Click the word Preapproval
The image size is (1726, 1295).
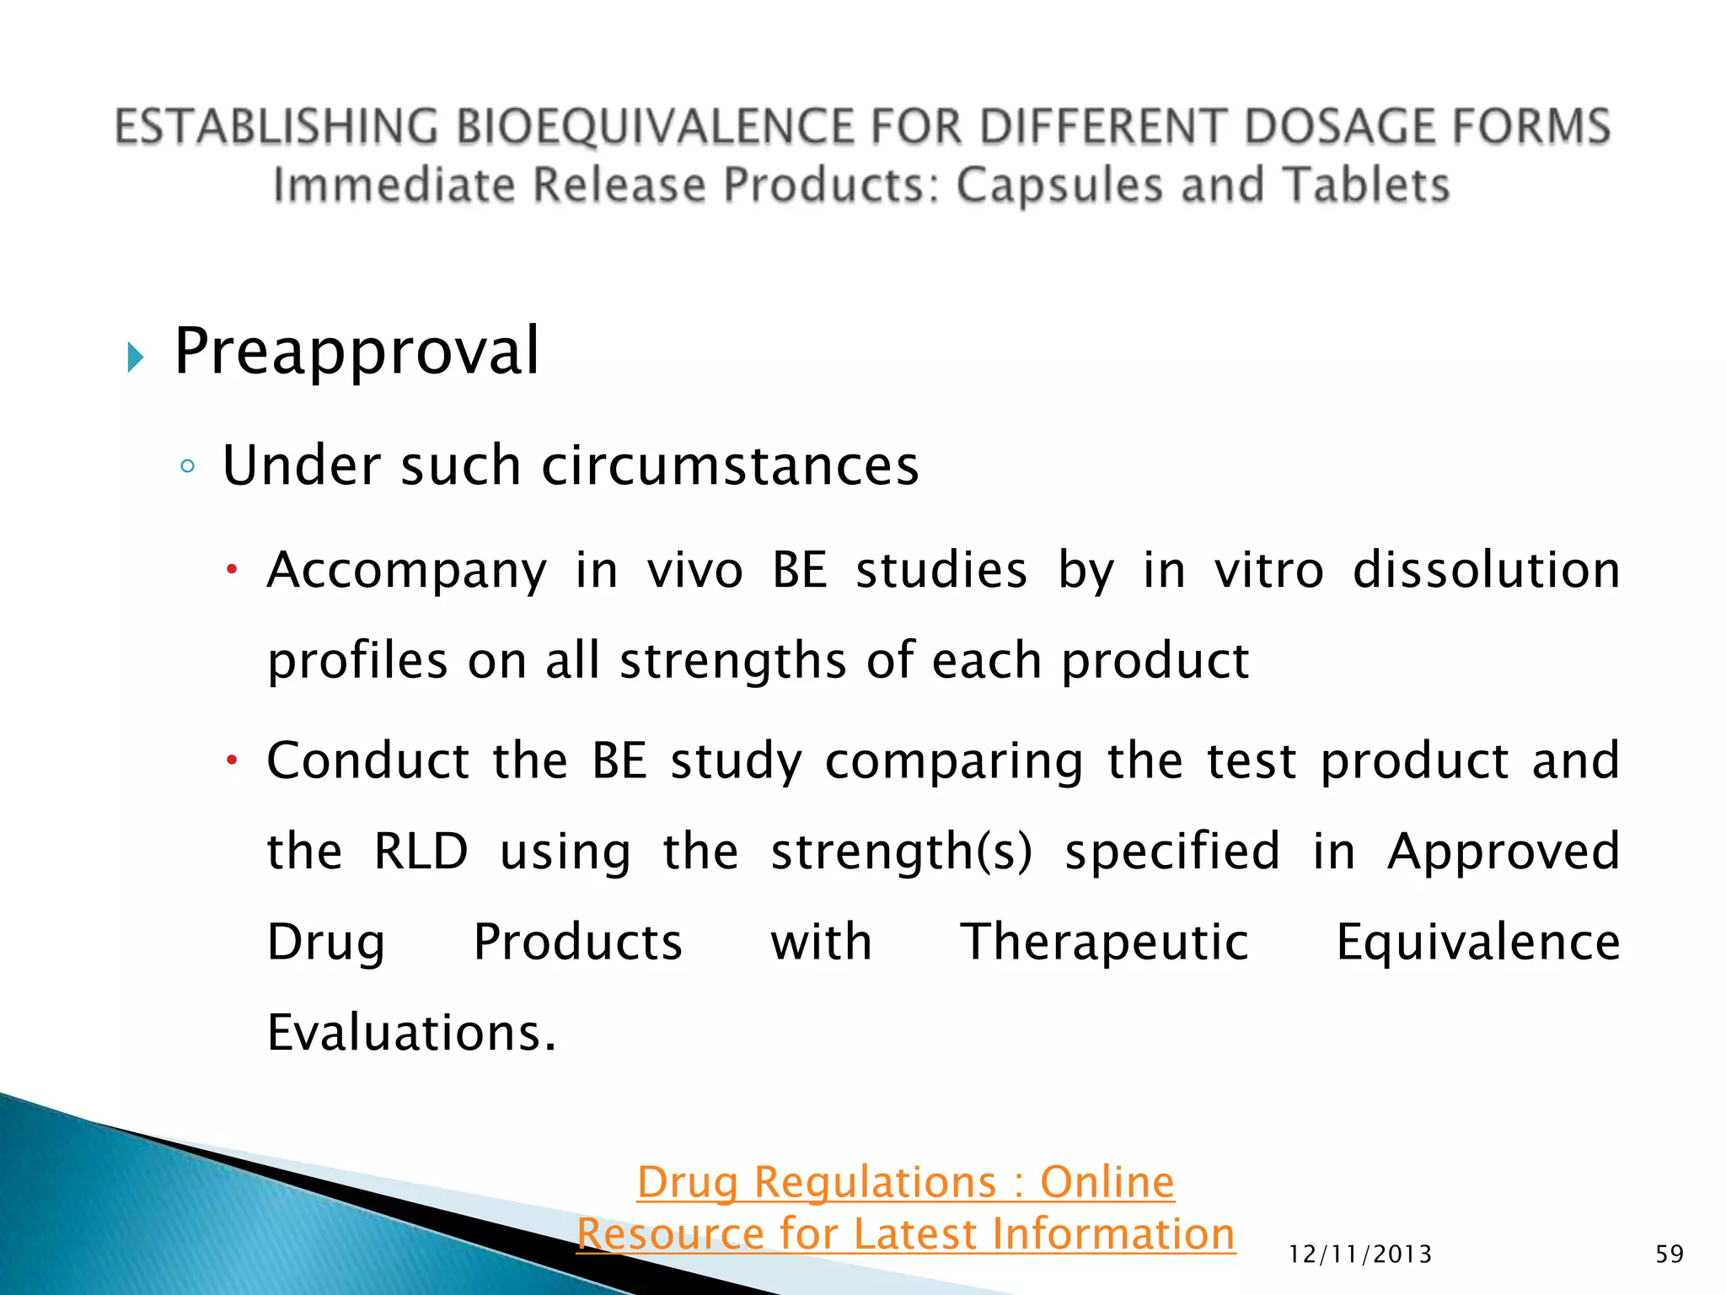[356, 352]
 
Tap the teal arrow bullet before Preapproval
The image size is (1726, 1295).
[135, 357]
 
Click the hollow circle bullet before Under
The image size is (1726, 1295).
[187, 466]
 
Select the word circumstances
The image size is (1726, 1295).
[729, 465]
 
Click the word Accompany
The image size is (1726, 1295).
[407, 571]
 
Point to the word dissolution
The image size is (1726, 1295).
[1486, 570]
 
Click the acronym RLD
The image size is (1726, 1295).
[421, 851]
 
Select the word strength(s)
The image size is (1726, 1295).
[901, 852]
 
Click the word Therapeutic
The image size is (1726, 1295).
[1104, 942]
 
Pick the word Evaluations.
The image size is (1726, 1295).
[410, 1033]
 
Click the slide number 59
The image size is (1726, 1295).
[1669, 1255]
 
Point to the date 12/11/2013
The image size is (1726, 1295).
[1359, 1255]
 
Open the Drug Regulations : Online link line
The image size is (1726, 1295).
[905, 1182]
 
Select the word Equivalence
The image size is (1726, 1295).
[1477, 942]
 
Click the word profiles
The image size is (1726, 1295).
[357, 661]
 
